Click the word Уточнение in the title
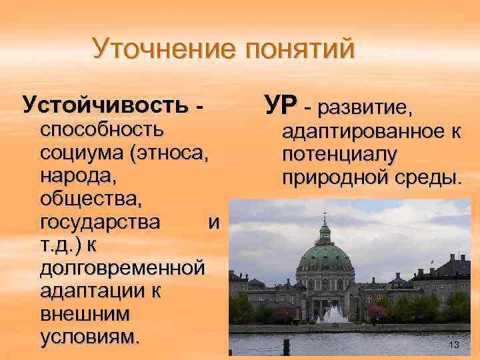point(165,49)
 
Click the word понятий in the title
point(300,50)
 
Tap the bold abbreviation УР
point(280,105)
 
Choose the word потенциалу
point(340,155)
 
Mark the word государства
point(100,222)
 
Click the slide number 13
point(455,345)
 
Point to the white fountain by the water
point(331,313)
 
